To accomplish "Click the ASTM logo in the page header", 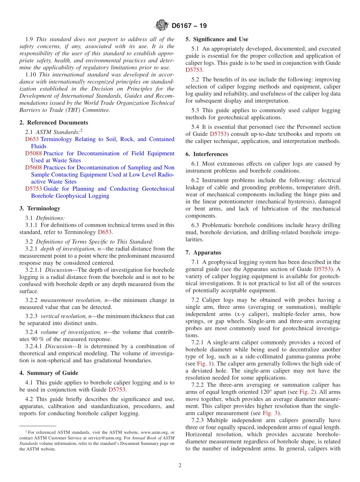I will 162,26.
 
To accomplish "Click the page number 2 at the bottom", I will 180,465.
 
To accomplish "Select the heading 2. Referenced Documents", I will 53,122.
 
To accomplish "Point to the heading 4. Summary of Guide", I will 49,373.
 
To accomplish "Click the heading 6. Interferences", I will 207,154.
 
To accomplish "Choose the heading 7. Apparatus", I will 203,252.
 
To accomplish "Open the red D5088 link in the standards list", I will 33,153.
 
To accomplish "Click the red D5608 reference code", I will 33,167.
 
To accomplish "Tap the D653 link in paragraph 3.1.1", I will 105,232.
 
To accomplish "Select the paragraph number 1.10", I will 31,74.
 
